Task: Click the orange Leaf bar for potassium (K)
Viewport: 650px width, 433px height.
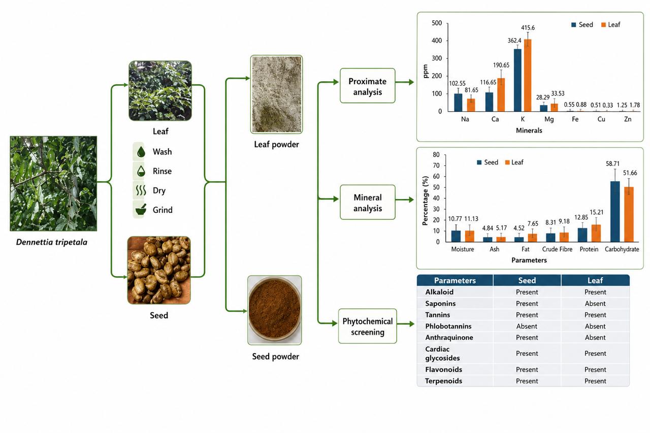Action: pos(528,76)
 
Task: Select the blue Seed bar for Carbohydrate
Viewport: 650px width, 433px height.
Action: pos(615,212)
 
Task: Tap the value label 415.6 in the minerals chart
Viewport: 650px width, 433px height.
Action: pos(528,28)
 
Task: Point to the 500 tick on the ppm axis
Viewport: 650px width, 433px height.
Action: pos(437,23)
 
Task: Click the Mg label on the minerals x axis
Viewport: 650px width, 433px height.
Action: pos(549,119)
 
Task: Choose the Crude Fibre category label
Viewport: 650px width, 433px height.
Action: pos(557,249)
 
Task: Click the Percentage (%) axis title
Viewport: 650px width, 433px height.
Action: pos(425,201)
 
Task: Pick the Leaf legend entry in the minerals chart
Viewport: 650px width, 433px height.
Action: pos(610,25)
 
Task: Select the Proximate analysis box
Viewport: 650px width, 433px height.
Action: pos(367,86)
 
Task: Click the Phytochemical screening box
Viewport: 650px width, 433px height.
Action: pos(367,326)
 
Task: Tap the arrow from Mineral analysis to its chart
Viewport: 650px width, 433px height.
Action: pos(405,199)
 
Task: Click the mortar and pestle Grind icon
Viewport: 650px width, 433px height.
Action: pos(141,210)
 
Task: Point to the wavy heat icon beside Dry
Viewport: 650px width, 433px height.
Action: pos(141,190)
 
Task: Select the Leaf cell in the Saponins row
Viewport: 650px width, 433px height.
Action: pos(595,304)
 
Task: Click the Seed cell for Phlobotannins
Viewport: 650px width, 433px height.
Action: pos(527,326)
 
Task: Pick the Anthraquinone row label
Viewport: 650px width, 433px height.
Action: pos(449,338)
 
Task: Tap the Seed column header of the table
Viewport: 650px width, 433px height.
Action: pos(527,280)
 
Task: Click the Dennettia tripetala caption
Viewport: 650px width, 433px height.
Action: pos(52,242)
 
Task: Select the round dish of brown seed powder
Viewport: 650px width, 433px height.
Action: pos(275,310)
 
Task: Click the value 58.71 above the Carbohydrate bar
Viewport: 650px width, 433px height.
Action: pos(612,163)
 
